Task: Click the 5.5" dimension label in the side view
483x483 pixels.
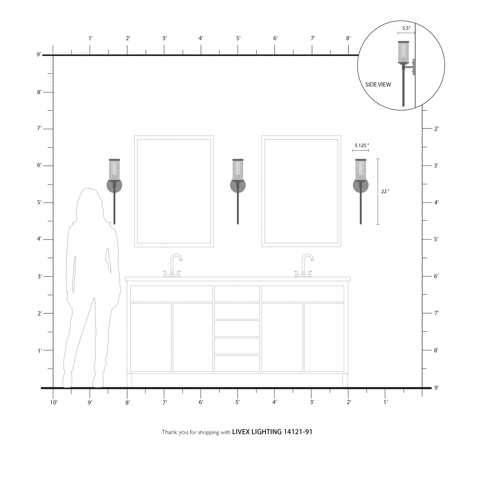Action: (406, 28)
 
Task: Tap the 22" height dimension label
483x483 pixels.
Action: (385, 192)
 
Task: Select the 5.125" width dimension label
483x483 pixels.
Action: (362, 146)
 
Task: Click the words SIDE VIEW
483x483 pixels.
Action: (378, 85)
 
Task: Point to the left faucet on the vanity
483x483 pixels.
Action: (173, 266)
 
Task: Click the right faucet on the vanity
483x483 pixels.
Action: (304, 266)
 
